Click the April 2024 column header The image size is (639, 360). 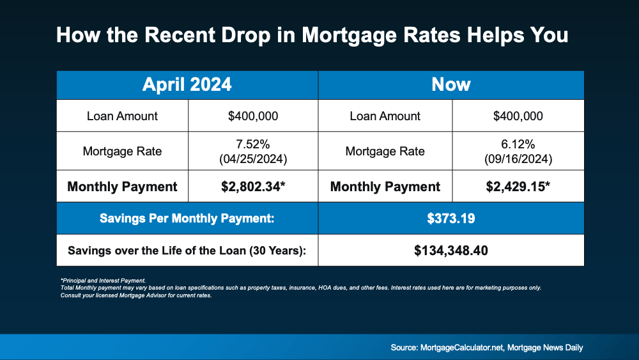(x=187, y=84)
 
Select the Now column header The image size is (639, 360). (x=451, y=84)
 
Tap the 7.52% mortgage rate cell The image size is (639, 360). (x=253, y=145)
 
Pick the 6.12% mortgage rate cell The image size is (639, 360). (x=518, y=145)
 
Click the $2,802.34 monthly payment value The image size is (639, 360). (x=253, y=187)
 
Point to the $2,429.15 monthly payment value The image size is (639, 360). (x=518, y=187)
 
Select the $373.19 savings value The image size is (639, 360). (x=451, y=219)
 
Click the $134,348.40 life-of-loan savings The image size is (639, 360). (x=451, y=250)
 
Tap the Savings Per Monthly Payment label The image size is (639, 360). (x=187, y=219)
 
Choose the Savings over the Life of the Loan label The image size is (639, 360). (x=187, y=250)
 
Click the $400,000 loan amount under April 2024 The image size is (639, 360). (x=253, y=116)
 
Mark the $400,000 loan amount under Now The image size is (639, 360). (x=518, y=116)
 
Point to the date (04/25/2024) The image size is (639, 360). (x=253, y=157)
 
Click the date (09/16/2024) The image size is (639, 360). (x=518, y=157)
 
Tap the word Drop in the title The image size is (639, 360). (x=242, y=35)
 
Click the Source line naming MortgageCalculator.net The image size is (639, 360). (x=487, y=347)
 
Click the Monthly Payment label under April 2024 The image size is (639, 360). (x=122, y=187)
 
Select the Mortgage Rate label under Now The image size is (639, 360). (x=385, y=152)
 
